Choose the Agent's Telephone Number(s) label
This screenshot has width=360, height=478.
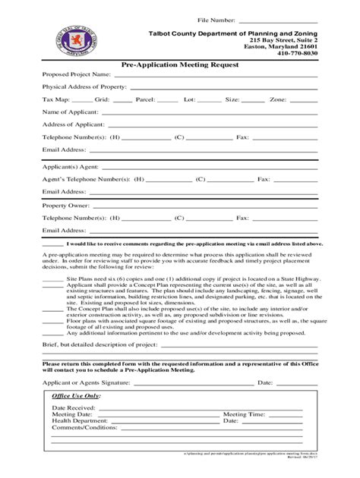pos(84,180)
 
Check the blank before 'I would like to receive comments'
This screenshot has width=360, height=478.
pos(52,244)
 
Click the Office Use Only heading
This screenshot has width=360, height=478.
pos(76,396)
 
